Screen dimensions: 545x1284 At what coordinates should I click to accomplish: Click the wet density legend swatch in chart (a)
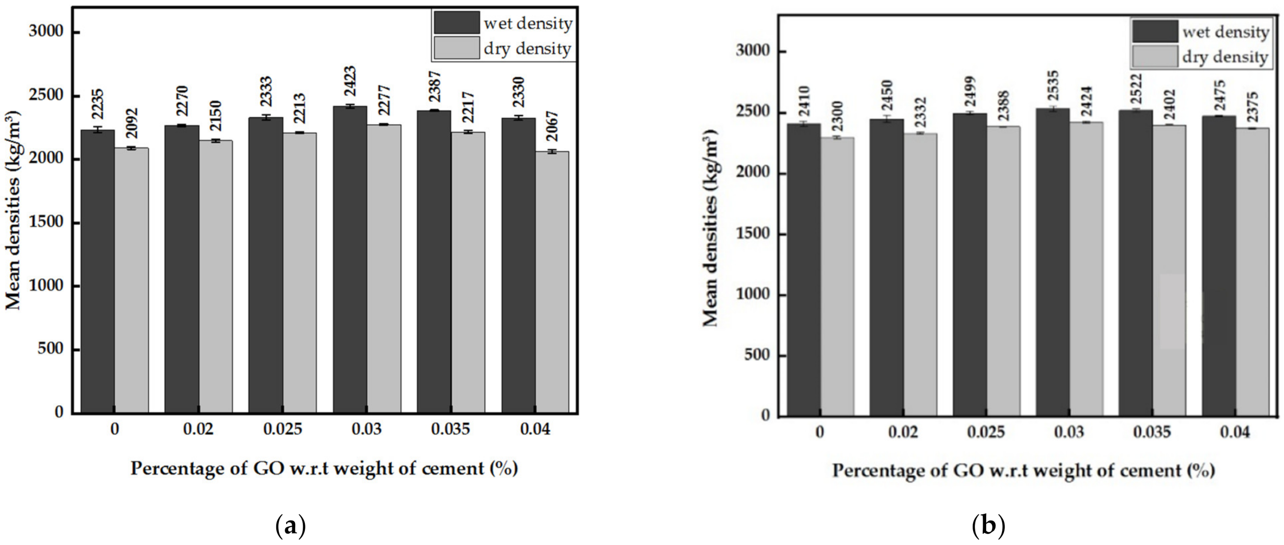(456, 23)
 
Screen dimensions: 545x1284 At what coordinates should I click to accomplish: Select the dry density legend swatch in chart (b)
(1155, 57)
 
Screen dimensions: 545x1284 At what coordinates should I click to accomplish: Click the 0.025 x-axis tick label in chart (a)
(283, 429)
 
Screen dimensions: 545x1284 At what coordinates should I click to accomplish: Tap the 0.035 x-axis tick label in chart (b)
(1152, 431)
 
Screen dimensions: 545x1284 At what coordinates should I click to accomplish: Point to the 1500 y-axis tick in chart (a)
(46, 222)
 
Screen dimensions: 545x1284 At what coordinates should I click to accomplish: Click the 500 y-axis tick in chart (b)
(757, 355)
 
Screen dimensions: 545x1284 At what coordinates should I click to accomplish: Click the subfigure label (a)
(290, 526)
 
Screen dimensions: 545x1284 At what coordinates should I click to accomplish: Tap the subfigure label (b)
(988, 526)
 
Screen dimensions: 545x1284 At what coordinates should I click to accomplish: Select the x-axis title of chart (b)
(1023, 470)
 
